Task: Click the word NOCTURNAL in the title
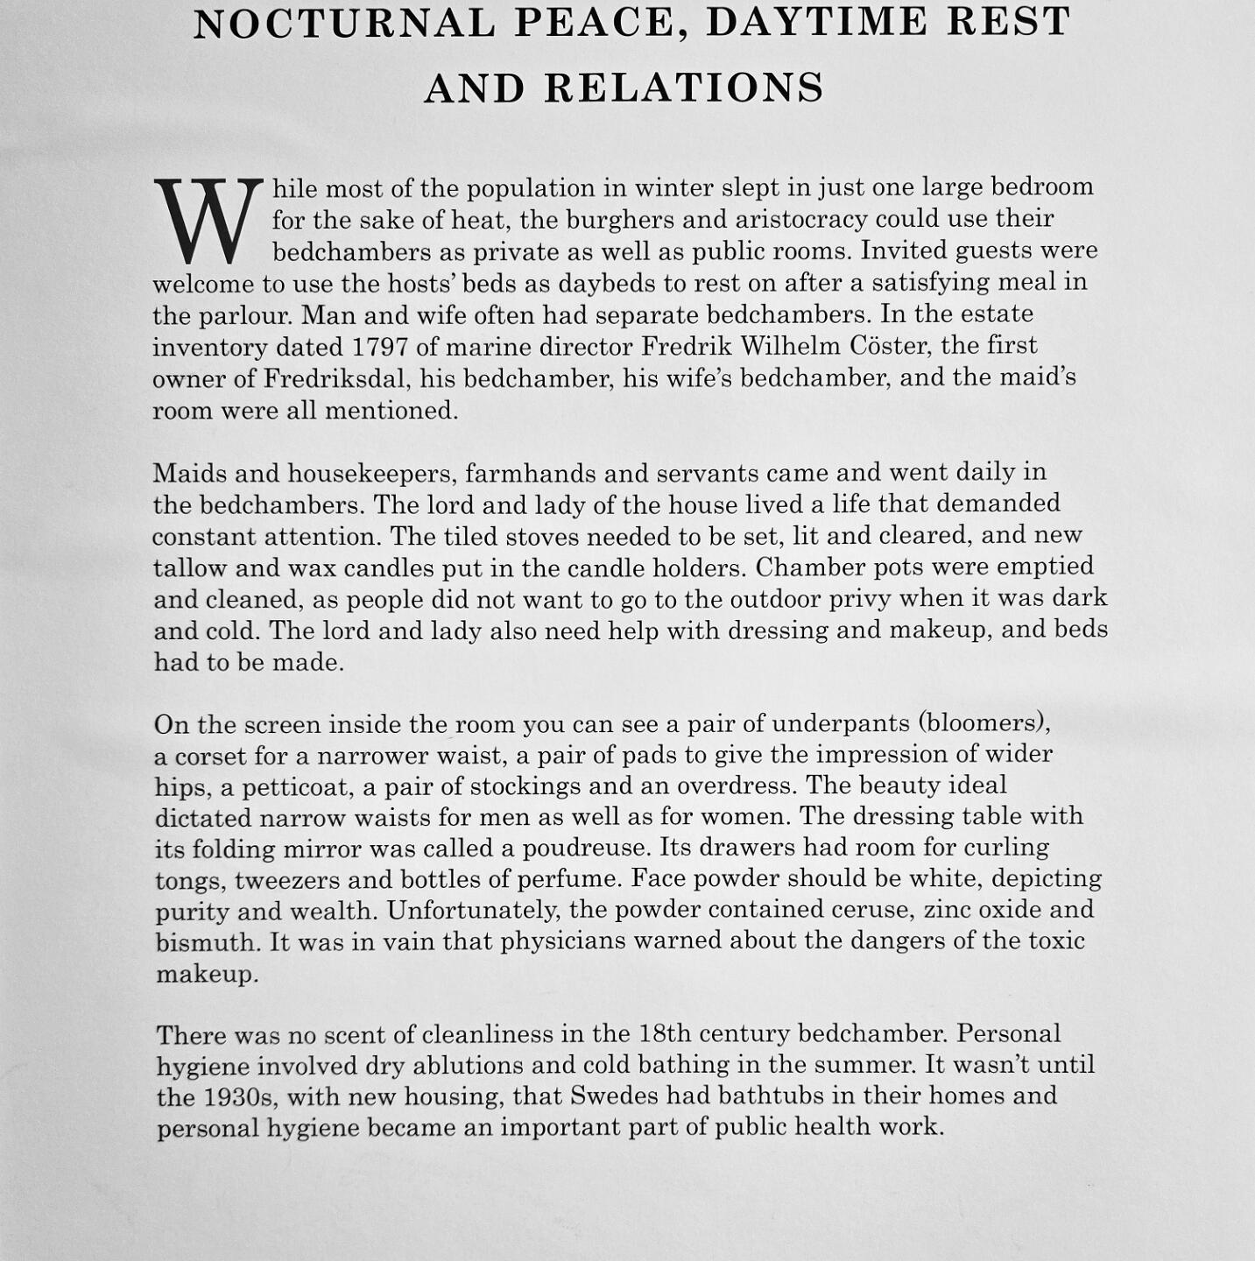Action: (x=345, y=23)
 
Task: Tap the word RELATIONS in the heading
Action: (x=684, y=88)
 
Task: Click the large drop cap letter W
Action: (x=208, y=221)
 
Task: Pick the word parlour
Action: (x=223, y=315)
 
